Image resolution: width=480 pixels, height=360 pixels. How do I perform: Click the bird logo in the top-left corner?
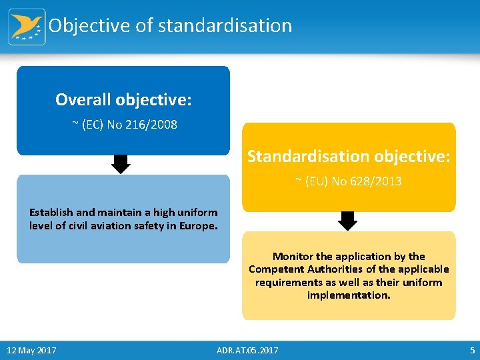(x=27, y=27)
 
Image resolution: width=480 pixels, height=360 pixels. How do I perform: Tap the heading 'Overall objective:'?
(x=123, y=100)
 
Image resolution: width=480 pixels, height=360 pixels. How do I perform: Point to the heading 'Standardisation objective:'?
(x=349, y=157)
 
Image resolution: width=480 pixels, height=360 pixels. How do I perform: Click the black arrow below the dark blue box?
(x=120, y=164)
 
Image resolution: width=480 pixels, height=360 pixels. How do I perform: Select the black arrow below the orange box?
(x=348, y=220)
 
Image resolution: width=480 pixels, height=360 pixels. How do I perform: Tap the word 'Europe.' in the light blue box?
(x=197, y=225)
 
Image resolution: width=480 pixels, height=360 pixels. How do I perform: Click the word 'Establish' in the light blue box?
(x=51, y=213)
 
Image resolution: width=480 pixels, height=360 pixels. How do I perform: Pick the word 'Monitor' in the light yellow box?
(x=293, y=257)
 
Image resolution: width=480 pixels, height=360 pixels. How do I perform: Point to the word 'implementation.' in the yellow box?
(x=349, y=295)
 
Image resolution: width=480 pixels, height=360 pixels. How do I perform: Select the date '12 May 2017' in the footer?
(x=31, y=351)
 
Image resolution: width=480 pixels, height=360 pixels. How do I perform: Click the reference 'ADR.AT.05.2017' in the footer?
(x=248, y=351)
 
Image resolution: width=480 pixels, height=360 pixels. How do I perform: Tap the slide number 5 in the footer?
(x=471, y=351)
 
